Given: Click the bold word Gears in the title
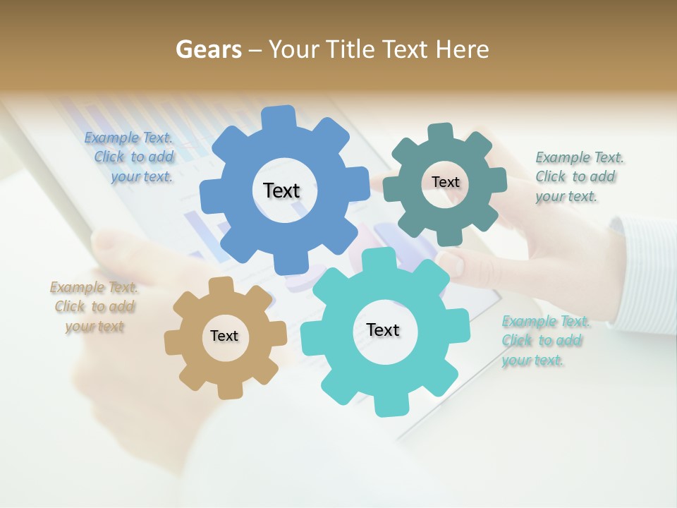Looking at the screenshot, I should [208, 49].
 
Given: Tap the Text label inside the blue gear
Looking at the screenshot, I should [281, 190].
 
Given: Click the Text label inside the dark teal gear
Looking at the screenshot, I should [445, 182].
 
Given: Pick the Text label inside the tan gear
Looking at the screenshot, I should [224, 336].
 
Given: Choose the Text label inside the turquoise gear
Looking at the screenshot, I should [383, 329].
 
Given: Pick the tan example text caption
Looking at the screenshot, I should [94, 306].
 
